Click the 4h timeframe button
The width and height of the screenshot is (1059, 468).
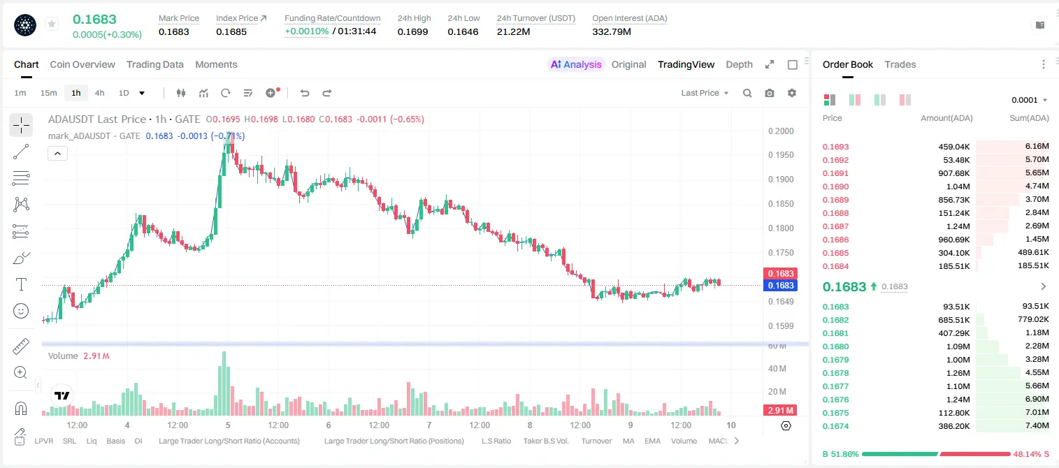click(99, 93)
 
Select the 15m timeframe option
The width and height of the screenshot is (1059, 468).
click(49, 93)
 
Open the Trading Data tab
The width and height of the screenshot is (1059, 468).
click(155, 64)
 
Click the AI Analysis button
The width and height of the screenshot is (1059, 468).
click(576, 64)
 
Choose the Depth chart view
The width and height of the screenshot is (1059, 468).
click(739, 64)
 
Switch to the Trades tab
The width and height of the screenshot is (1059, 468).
click(900, 64)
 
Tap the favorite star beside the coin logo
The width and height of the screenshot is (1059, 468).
click(52, 24)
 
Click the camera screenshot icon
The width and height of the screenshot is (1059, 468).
click(770, 93)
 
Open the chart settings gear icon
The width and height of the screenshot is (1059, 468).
click(792, 93)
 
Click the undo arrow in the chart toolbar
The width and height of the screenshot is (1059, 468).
click(305, 93)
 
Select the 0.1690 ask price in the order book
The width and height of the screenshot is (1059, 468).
click(835, 187)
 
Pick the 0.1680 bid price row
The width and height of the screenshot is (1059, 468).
click(835, 346)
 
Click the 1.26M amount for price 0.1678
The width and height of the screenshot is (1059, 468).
click(958, 373)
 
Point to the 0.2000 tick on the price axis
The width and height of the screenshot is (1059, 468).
click(781, 131)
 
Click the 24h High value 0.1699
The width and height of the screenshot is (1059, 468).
click(412, 31)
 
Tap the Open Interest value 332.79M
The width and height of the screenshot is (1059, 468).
click(612, 31)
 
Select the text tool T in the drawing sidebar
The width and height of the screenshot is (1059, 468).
click(21, 284)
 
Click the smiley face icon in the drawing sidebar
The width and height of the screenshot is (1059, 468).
click(21, 311)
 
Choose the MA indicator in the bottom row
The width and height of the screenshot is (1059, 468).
click(628, 441)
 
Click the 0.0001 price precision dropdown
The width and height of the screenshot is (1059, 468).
click(1029, 100)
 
